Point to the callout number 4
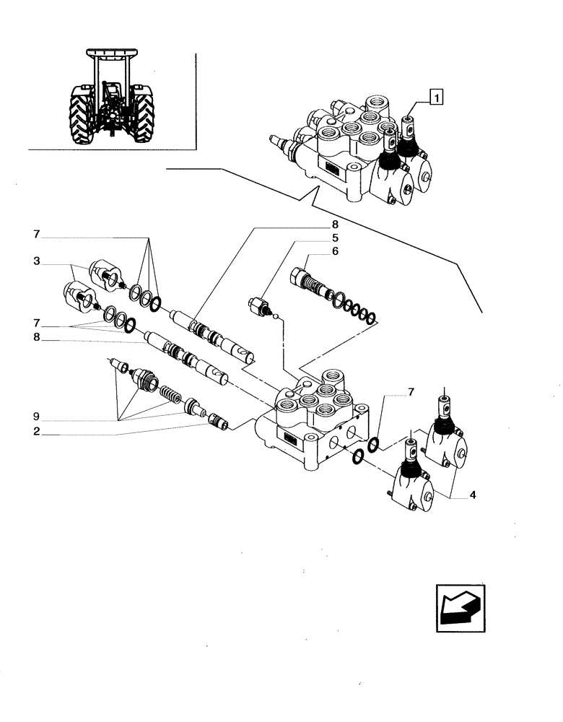tap(472, 495)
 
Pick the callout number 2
tap(35, 434)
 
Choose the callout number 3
tap(35, 261)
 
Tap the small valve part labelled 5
tap(258, 305)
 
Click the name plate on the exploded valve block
tap(291, 440)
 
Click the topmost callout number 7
tap(35, 235)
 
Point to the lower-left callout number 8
tap(35, 337)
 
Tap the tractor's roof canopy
tap(113, 53)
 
